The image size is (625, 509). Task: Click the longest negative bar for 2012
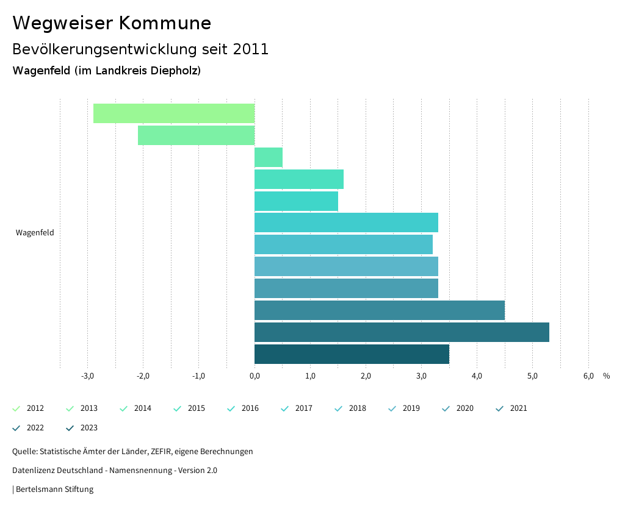(x=174, y=113)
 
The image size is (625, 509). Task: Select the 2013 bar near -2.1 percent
(x=196, y=135)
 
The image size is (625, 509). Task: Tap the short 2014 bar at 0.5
(x=269, y=157)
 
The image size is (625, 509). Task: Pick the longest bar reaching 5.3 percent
(x=402, y=332)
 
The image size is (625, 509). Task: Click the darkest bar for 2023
(x=352, y=354)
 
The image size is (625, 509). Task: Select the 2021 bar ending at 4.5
(x=380, y=310)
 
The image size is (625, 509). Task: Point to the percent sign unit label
(x=606, y=376)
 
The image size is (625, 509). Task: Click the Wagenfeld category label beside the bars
(x=35, y=233)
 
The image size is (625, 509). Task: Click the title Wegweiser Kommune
(x=112, y=23)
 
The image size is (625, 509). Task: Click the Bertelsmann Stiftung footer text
(x=54, y=489)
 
